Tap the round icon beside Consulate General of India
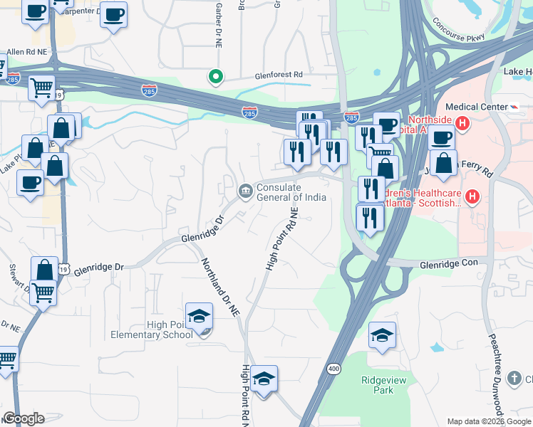tap(245, 191)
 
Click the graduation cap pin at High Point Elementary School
tap(200, 316)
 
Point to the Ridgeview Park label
tap(378, 385)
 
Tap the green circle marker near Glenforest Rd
tap(214, 76)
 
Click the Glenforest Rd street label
tap(279, 74)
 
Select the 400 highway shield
tap(333, 369)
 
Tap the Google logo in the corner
tap(24, 418)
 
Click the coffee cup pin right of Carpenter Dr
tap(113, 15)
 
